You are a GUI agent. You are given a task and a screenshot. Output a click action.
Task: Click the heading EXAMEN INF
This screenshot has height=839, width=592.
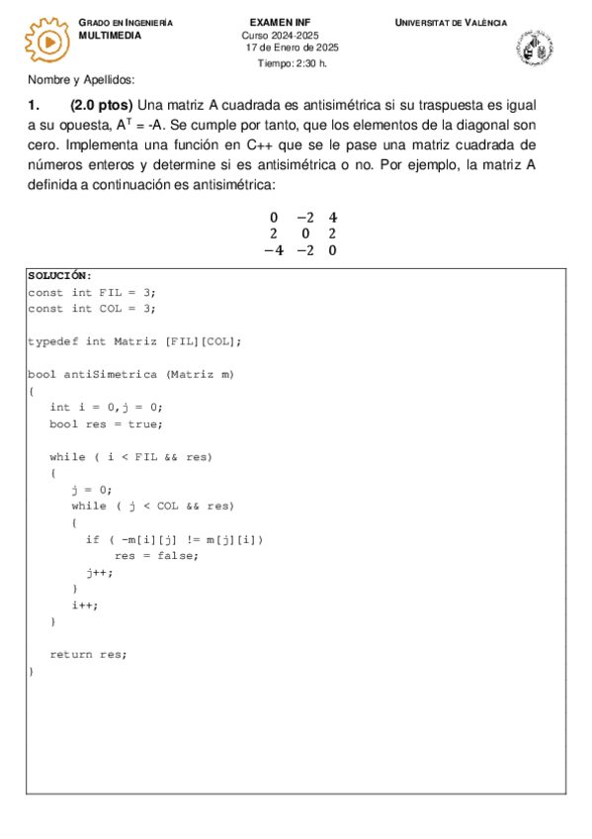coord(280,22)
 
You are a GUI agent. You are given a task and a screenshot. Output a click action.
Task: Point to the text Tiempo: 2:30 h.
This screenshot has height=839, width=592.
coord(292,62)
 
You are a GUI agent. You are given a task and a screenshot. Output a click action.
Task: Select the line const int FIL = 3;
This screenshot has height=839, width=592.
coord(91,293)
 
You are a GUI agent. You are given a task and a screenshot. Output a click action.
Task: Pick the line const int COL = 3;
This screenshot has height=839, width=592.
coord(91,309)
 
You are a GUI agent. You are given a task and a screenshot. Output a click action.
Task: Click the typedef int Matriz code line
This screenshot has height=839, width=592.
coord(133,341)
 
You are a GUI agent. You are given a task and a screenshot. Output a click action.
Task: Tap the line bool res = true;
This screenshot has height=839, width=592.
coord(106,423)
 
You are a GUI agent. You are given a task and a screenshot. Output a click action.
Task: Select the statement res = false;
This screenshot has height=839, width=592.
coord(156,555)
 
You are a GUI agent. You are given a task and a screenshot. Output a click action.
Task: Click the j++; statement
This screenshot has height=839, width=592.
coord(99,572)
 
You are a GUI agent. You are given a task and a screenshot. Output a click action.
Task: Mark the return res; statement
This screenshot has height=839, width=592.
coord(88,654)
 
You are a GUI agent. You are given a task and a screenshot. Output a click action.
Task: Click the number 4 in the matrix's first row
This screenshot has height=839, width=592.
coord(333,217)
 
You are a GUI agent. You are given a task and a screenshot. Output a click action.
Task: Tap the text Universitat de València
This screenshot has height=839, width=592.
coord(451,22)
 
